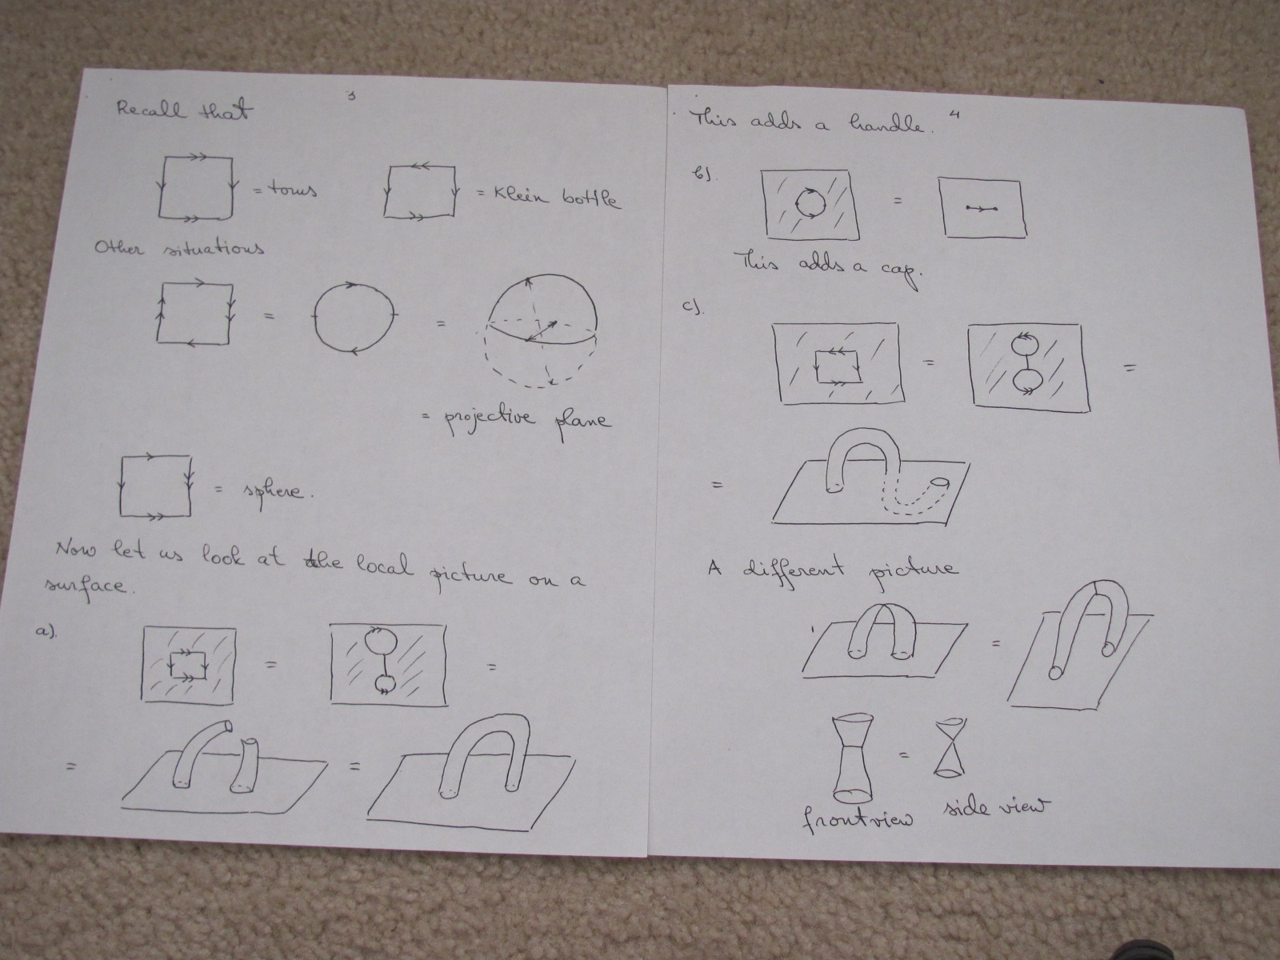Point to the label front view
click(x=858, y=820)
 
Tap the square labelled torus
click(x=196, y=187)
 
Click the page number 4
click(x=954, y=115)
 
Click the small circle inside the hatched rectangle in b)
click(x=810, y=202)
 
